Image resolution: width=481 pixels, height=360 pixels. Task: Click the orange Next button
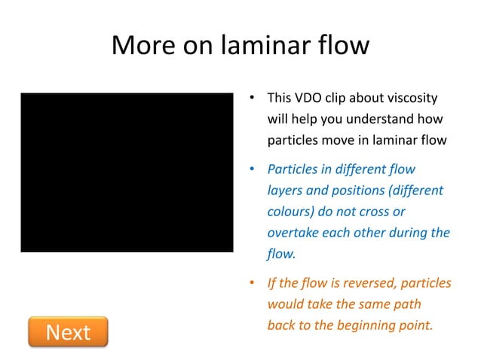coord(68,332)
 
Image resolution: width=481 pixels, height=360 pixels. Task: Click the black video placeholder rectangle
coord(127,172)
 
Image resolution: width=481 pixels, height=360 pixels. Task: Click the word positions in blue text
coord(357,191)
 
